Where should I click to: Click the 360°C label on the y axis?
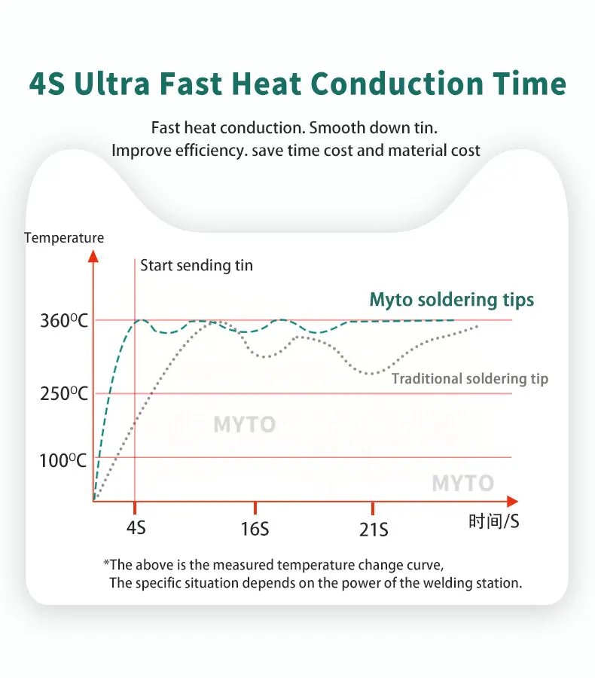tap(64, 321)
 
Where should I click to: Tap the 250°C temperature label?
tap(64, 394)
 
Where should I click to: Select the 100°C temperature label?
tap(64, 460)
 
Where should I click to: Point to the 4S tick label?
tap(136, 527)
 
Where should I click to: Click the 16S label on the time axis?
tap(255, 529)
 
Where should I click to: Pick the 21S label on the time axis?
tap(374, 530)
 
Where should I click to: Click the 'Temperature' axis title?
tap(64, 238)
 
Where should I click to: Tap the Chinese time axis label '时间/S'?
tap(493, 521)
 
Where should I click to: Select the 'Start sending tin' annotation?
tap(197, 265)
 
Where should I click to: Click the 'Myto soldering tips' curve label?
tap(451, 300)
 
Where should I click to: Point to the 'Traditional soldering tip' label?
tap(470, 379)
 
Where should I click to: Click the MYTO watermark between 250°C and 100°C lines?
tap(244, 425)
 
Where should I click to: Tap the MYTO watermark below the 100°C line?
tap(462, 484)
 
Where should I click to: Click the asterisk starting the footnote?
tap(107, 564)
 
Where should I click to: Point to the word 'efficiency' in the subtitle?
tap(209, 150)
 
